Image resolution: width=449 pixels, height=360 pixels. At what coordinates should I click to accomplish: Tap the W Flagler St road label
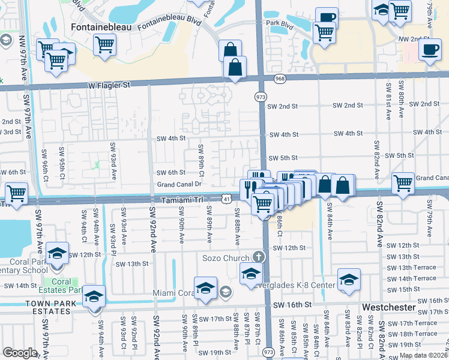(x=110, y=85)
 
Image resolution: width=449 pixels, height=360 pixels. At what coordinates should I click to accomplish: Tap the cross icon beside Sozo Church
(x=259, y=257)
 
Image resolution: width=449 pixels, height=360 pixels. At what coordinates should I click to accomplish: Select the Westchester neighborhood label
(x=389, y=307)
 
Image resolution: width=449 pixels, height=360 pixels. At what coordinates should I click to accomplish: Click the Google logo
(x=20, y=353)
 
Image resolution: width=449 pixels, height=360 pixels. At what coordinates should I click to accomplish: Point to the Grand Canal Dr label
(x=179, y=185)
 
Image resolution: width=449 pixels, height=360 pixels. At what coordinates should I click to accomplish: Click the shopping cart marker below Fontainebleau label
(x=104, y=44)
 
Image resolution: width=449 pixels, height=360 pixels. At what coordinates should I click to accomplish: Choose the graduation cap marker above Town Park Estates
(x=93, y=296)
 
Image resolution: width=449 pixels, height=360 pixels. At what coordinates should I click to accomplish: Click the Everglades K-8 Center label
(x=293, y=286)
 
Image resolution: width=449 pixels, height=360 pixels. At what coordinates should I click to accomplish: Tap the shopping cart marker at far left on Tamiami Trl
(x=16, y=193)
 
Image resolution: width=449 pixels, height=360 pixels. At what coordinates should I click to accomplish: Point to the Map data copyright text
(x=424, y=355)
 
